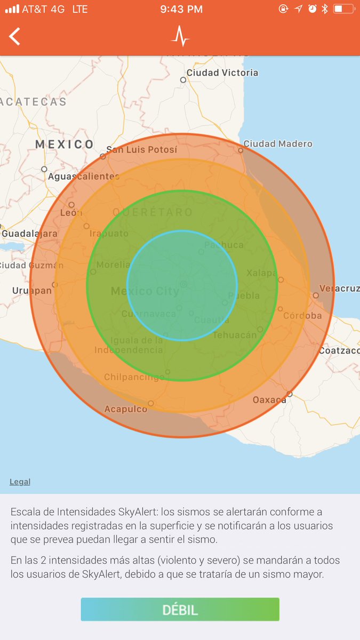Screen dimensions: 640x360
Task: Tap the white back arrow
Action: [x=14, y=36]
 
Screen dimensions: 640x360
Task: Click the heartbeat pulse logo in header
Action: [x=180, y=36]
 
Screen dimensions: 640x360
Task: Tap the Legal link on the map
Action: [x=20, y=482]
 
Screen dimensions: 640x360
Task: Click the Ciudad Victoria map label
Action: [x=222, y=73]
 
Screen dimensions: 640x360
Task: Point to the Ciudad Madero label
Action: [x=278, y=143]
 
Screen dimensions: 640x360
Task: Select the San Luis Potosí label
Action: [x=141, y=149]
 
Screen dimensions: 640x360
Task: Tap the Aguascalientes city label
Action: [x=83, y=176]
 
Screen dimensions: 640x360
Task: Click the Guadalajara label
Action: [x=29, y=234]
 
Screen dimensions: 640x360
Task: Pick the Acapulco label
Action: [x=126, y=409]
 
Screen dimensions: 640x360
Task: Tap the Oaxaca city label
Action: [x=269, y=399]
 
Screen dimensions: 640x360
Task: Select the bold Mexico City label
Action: [x=145, y=291]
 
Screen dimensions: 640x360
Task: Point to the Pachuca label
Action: [x=224, y=245]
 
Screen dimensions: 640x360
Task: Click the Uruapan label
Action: [x=32, y=291]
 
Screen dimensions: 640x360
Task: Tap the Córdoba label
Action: [x=302, y=315]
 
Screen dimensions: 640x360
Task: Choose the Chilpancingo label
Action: [x=134, y=377]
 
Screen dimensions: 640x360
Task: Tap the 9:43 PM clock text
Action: [x=181, y=9]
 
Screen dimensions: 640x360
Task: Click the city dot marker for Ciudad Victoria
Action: [x=183, y=80]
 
